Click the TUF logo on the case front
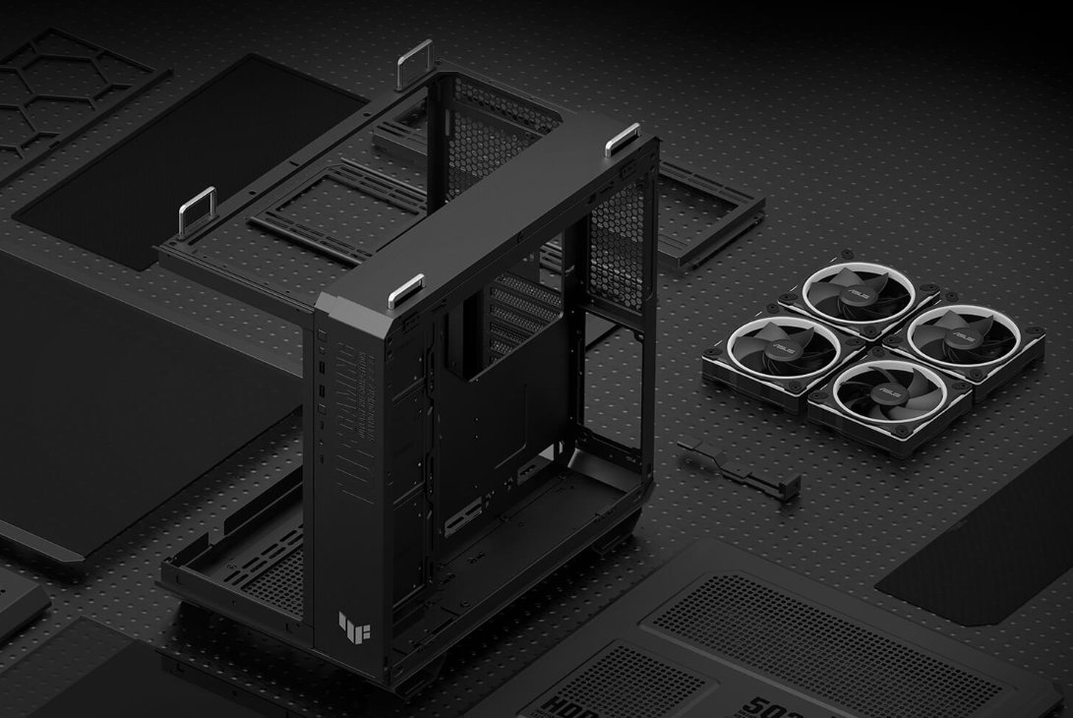pos(350,625)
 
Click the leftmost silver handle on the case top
pos(197,209)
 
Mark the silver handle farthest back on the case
pos(414,64)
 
